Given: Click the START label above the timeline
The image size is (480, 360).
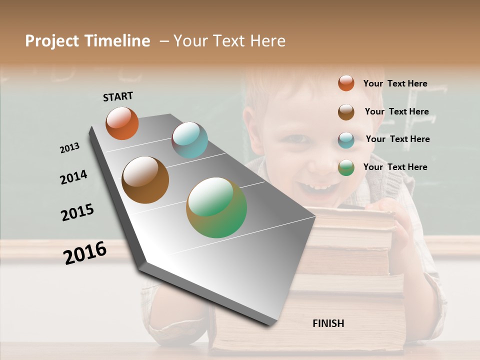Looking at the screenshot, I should [x=118, y=96].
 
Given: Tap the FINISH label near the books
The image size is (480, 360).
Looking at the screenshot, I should [x=328, y=323].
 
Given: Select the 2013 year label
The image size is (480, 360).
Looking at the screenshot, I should [x=69, y=148].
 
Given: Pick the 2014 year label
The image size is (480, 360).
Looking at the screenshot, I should [x=73, y=177].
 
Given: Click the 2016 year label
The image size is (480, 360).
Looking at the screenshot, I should [x=85, y=252].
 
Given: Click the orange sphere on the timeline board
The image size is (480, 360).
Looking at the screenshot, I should [x=122, y=123].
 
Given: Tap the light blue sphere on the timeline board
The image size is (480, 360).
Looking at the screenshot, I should [x=189, y=140].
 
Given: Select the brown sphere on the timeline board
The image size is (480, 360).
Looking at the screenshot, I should [x=145, y=180].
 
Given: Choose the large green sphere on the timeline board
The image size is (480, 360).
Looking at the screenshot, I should [x=216, y=207].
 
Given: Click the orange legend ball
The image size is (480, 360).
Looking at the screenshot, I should [x=346, y=83].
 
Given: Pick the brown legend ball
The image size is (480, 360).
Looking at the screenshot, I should [x=346, y=112].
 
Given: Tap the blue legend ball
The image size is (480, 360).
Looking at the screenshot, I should [x=346, y=140].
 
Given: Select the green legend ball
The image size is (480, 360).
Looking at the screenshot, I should [x=346, y=167].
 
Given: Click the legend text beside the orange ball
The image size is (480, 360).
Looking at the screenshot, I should [x=395, y=83].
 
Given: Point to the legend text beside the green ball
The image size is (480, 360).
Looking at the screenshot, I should [x=395, y=167].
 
